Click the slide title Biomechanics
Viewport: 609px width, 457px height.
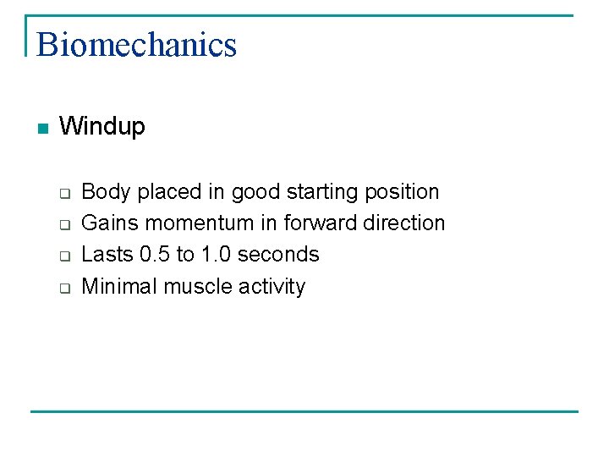click(x=136, y=44)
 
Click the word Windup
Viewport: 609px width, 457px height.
click(x=102, y=127)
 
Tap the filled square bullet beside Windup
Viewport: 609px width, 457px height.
click(x=43, y=129)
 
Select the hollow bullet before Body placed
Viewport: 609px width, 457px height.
click(x=63, y=192)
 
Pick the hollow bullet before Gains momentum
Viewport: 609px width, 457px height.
click(x=63, y=224)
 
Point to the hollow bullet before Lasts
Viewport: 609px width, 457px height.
click(x=63, y=256)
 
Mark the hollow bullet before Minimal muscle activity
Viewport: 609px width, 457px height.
click(x=63, y=288)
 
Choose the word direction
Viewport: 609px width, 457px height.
click(x=403, y=223)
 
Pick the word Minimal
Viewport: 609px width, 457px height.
click(x=119, y=287)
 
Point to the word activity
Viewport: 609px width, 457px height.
click(x=272, y=287)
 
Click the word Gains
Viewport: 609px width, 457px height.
click(x=111, y=223)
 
